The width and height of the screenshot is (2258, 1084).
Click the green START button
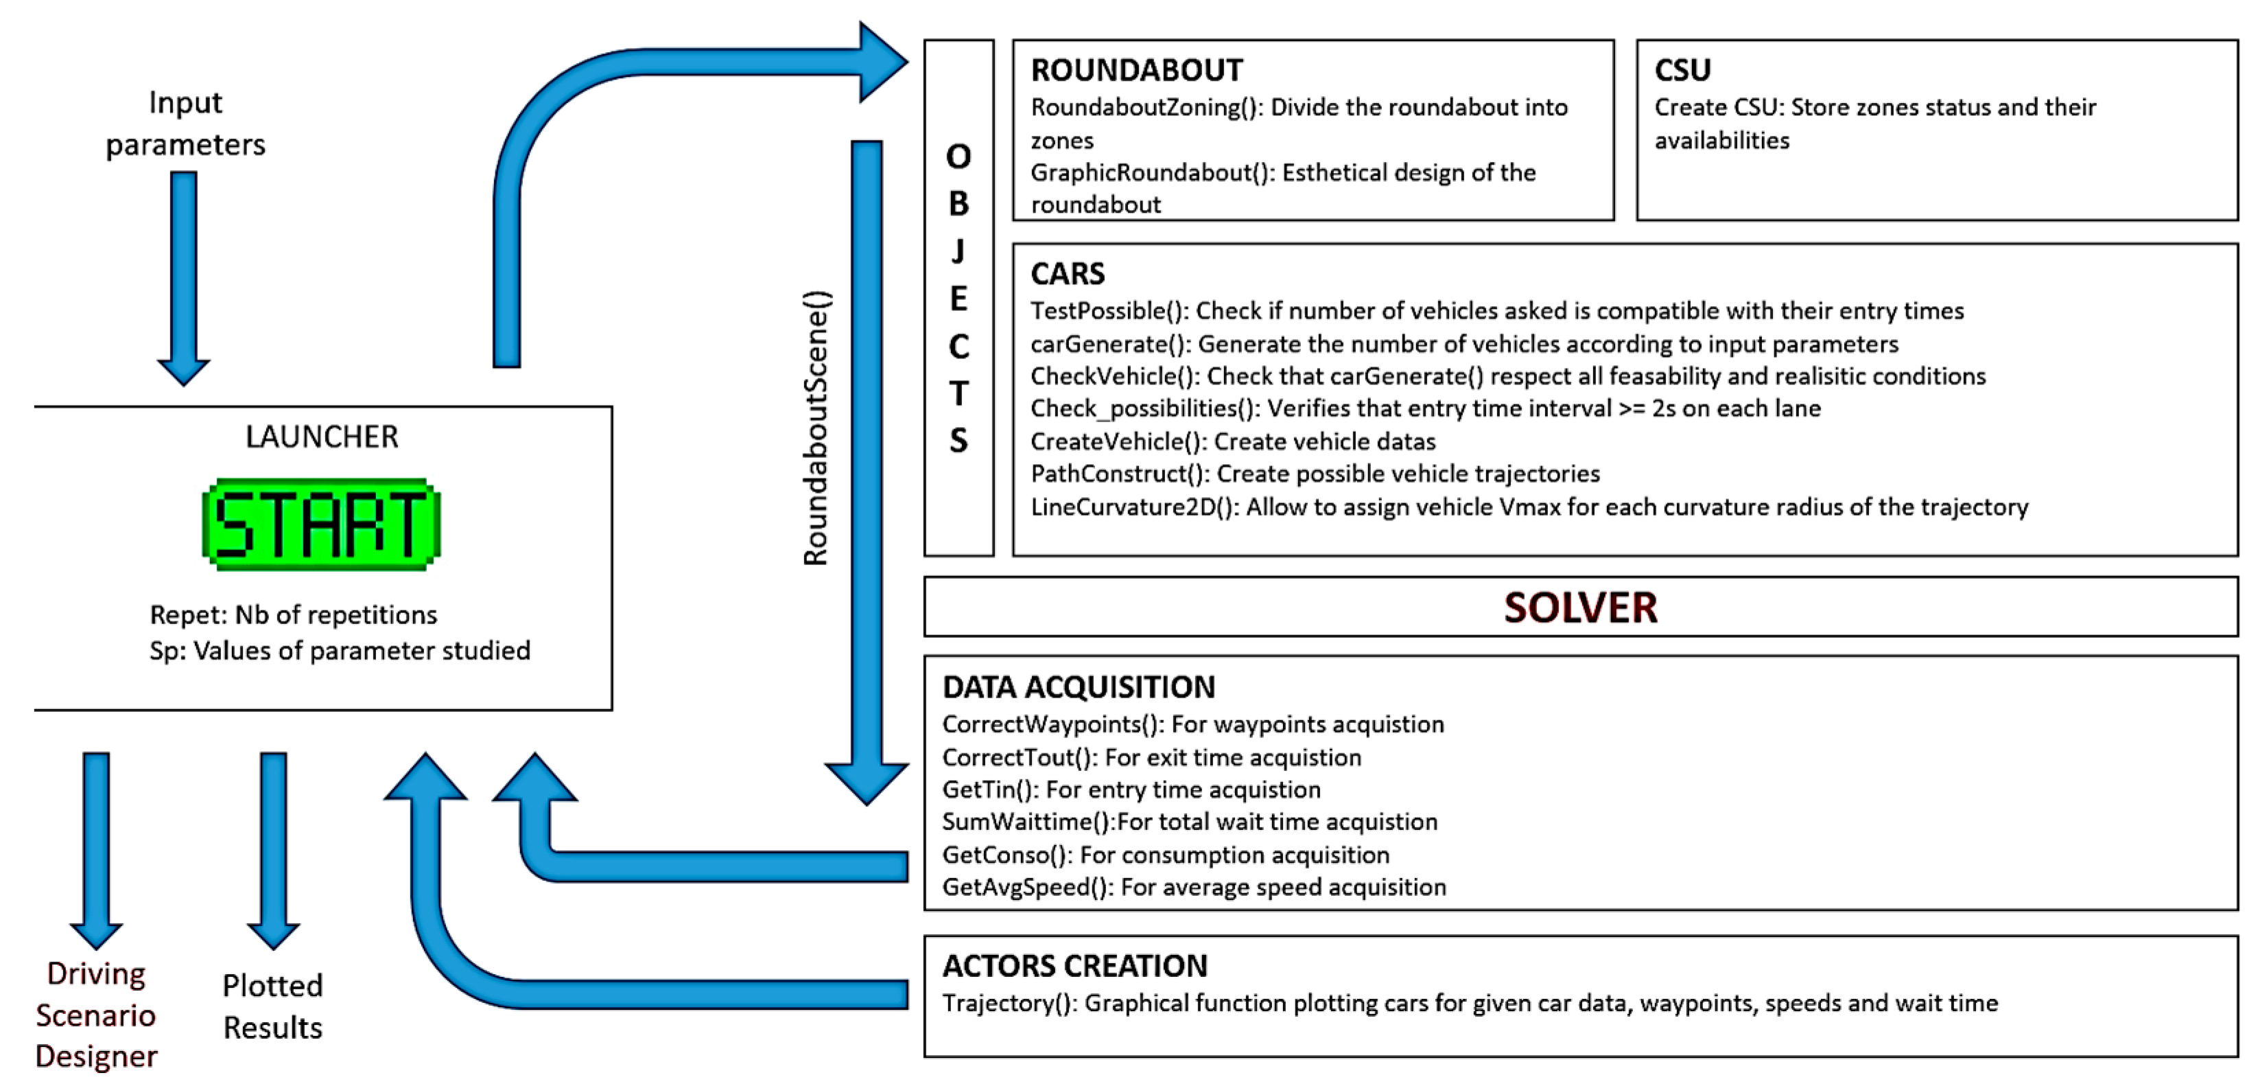tap(322, 524)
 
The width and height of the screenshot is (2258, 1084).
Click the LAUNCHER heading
tap(322, 437)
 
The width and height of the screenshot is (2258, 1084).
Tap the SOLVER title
tap(1579, 607)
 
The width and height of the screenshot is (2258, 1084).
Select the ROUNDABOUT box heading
tap(1136, 70)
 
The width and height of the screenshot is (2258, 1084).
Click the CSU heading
tap(1682, 70)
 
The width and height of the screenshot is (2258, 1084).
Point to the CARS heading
tap(1068, 274)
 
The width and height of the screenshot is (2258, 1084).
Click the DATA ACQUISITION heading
tap(1078, 687)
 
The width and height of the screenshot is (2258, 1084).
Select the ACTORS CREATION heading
tap(1074, 966)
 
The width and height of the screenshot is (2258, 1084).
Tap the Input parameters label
tap(185, 123)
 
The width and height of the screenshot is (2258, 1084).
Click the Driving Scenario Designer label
tap(95, 1015)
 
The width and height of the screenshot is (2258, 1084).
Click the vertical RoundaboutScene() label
tap(816, 428)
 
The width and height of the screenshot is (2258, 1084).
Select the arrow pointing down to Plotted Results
tap(274, 846)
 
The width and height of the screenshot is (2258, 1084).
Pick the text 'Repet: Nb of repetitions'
tap(293, 615)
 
